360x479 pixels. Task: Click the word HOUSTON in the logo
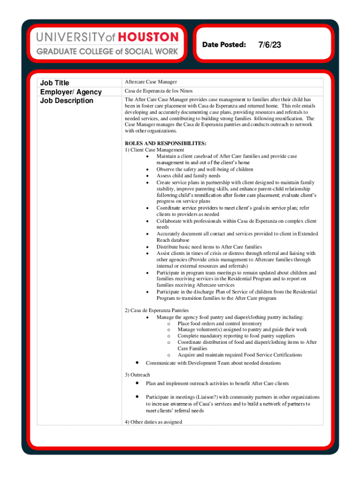(x=148, y=37)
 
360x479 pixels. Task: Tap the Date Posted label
(x=224, y=44)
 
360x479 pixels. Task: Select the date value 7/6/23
(x=269, y=45)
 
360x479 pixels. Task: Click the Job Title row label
(x=55, y=83)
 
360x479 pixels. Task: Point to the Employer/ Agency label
(x=71, y=92)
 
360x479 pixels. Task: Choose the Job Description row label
(x=66, y=101)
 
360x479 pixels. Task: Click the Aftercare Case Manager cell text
(x=151, y=82)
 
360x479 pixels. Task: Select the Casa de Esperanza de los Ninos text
(x=158, y=91)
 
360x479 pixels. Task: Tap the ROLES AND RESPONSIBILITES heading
(x=166, y=143)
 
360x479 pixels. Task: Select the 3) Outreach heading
(x=137, y=375)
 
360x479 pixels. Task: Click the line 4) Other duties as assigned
(x=153, y=421)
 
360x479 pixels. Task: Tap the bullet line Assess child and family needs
(x=188, y=176)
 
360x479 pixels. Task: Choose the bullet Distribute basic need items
(x=209, y=247)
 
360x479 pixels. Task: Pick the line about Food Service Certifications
(x=240, y=355)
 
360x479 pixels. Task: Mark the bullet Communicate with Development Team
(x=213, y=363)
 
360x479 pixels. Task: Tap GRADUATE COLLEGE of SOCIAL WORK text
(x=108, y=51)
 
